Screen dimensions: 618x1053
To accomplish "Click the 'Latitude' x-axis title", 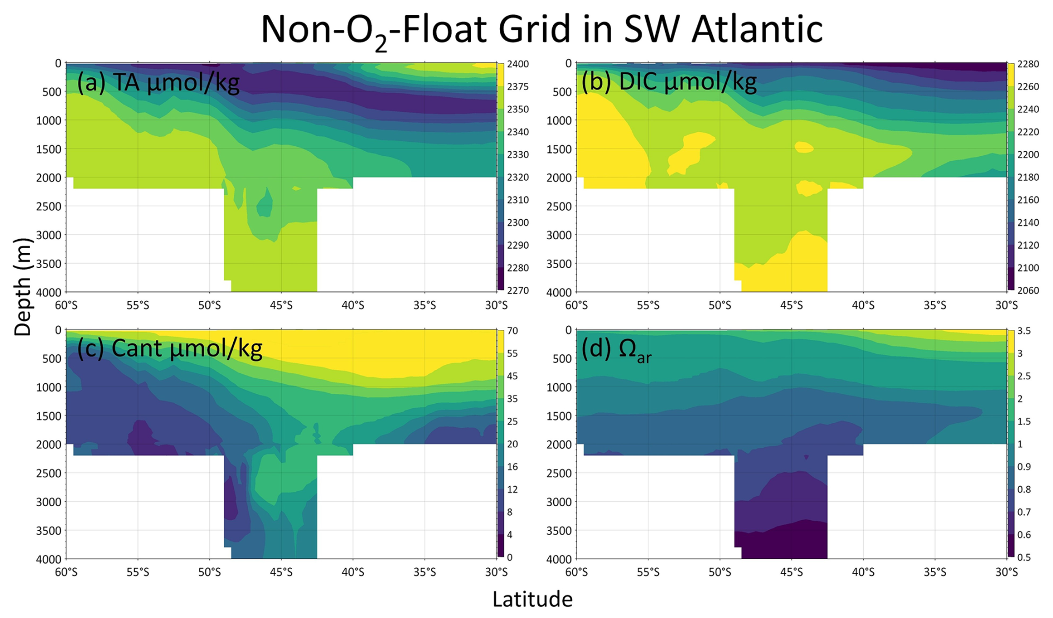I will tap(532, 599).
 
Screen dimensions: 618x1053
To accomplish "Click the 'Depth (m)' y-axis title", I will tap(22, 287).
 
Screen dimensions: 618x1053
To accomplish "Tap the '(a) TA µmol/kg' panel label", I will tap(158, 83).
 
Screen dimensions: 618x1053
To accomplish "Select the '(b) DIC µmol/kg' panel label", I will tap(669, 82).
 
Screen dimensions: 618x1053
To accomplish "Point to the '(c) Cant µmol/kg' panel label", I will tap(169, 349).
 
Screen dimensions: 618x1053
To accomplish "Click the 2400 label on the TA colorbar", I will tap(518, 64).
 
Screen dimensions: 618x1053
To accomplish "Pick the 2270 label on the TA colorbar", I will tap(518, 290).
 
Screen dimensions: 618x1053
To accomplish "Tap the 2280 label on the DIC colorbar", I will tap(1028, 64).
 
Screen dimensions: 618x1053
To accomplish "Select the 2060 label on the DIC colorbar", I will tap(1028, 290).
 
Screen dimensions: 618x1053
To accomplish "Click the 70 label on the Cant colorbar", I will tap(512, 331).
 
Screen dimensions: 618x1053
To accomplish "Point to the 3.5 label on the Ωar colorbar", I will tap(1024, 331).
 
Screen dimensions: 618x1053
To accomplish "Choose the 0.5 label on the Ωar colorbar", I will tap(1024, 557).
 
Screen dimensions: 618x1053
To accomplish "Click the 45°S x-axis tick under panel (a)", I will tap(281, 305).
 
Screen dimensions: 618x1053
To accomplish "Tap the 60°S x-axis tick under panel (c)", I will tap(66, 572).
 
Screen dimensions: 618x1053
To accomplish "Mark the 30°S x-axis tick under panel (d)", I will tap(1006, 572).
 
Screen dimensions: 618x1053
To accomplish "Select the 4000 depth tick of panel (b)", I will tap(560, 292).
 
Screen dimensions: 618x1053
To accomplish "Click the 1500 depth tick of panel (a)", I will tap(49, 149).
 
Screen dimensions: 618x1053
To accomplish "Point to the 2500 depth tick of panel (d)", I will tap(560, 473).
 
